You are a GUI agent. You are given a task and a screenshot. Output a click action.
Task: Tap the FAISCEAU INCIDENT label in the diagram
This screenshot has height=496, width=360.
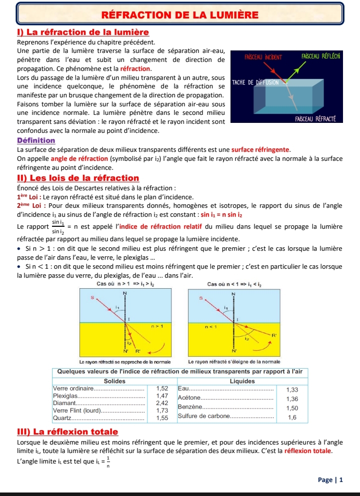click(263, 57)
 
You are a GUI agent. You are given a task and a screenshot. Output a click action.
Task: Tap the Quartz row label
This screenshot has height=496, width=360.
click(62, 417)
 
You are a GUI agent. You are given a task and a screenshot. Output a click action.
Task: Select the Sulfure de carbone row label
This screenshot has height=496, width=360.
click(203, 416)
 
